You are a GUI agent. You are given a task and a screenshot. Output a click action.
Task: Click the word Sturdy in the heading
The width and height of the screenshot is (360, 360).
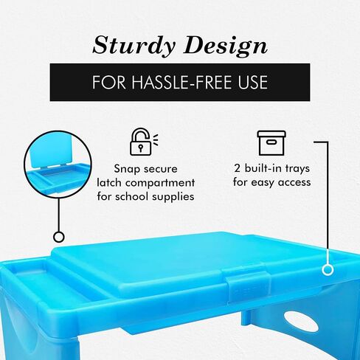click(x=134, y=45)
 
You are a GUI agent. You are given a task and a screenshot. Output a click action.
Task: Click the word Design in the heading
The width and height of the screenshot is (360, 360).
click(x=225, y=45)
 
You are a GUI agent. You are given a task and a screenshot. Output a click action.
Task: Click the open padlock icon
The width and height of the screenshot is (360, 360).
click(x=143, y=142)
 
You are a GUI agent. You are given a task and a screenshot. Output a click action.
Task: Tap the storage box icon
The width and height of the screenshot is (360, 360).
click(x=271, y=143)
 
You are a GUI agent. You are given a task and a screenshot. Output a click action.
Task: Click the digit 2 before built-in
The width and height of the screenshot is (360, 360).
click(x=237, y=168)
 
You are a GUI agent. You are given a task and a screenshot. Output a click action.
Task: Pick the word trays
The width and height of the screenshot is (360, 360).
click(x=297, y=169)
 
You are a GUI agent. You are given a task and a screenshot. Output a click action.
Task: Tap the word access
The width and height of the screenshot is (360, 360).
click(x=294, y=183)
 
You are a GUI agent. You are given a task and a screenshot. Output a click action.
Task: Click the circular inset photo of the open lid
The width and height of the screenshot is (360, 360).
click(x=58, y=165)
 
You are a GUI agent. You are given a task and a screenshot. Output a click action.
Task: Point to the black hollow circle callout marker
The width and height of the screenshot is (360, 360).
click(x=59, y=237)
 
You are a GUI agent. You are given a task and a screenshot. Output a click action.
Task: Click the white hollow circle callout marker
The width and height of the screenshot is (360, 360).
click(x=328, y=270)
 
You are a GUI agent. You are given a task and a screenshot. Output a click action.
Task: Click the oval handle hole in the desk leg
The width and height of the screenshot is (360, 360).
click(x=301, y=322)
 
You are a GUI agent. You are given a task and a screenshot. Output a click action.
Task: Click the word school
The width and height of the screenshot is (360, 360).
click(x=132, y=197)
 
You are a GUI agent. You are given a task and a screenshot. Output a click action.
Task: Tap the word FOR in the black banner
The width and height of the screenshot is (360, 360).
click(x=108, y=82)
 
